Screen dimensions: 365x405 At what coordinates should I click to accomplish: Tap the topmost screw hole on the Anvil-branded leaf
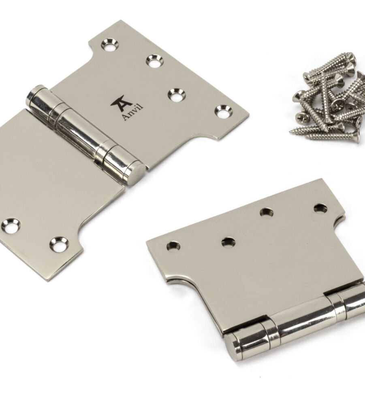click(x=110, y=45)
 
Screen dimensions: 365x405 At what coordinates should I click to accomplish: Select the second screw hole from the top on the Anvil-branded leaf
click(x=155, y=61)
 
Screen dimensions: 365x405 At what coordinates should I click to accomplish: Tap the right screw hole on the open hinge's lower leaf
click(x=60, y=244)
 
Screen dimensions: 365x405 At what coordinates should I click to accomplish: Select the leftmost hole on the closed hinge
click(x=174, y=245)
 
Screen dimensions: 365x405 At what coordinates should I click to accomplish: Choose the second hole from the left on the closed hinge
click(x=228, y=242)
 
